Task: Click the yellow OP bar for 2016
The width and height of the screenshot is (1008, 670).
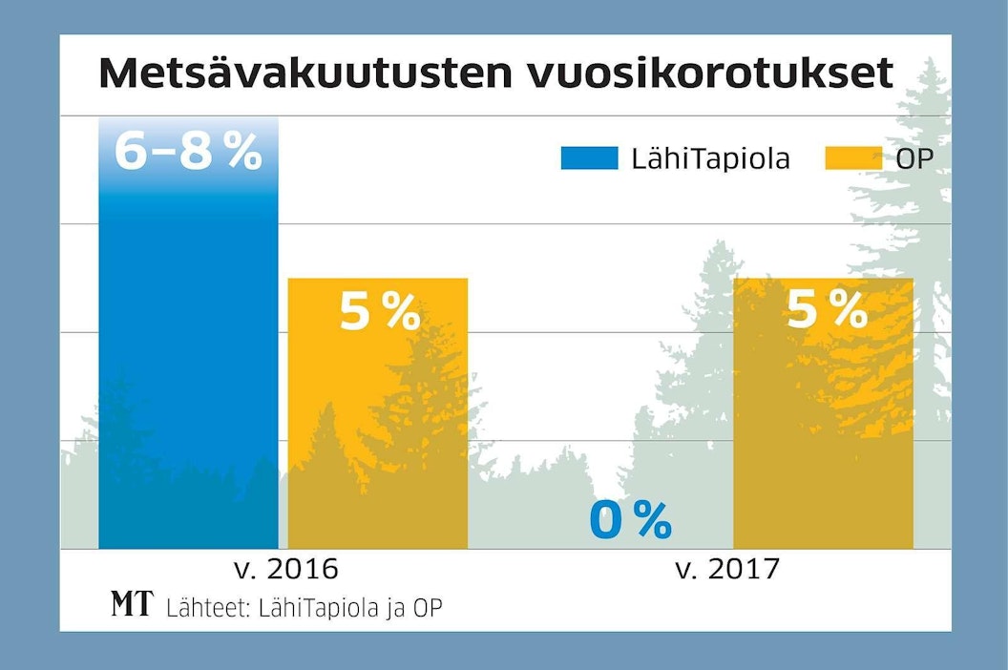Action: (377, 429)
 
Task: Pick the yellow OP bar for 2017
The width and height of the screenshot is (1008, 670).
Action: (823, 429)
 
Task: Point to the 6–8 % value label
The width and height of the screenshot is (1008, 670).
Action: (188, 152)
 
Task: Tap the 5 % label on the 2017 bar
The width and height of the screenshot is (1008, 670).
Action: (827, 308)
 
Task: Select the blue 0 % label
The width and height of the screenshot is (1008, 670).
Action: (630, 520)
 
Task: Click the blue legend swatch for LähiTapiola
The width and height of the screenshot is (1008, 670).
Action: (589, 158)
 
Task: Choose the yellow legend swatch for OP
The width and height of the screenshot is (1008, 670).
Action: (853, 158)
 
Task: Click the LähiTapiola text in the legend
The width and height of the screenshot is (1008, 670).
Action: (710, 158)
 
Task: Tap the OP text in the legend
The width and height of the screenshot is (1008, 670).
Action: (913, 158)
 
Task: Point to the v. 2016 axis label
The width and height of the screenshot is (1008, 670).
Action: (286, 570)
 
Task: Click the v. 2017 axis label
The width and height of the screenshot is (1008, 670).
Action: (727, 570)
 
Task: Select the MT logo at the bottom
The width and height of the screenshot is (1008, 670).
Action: (131, 604)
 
